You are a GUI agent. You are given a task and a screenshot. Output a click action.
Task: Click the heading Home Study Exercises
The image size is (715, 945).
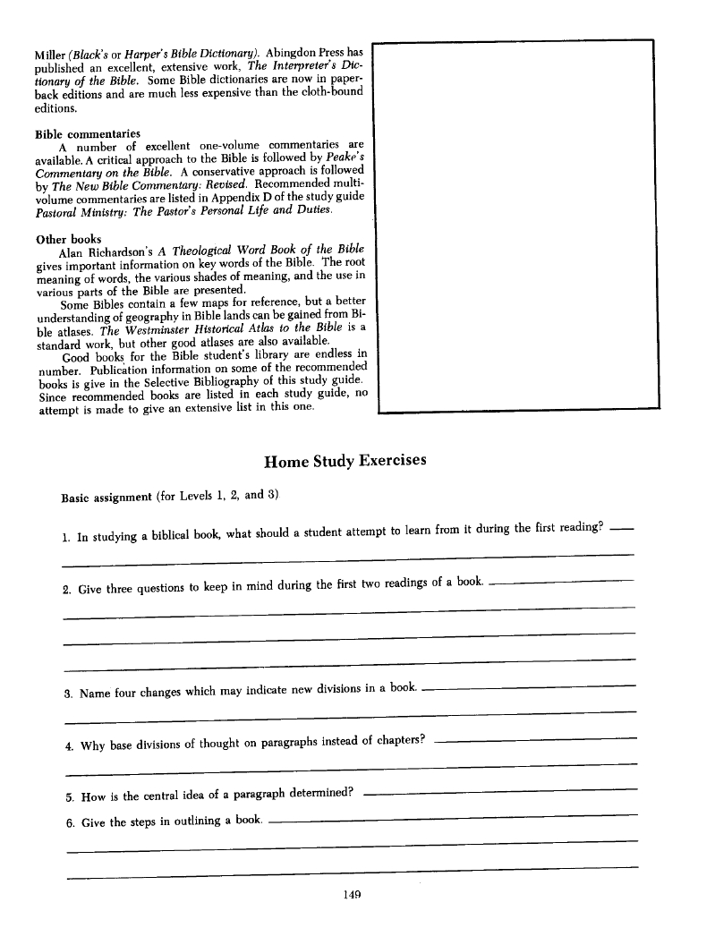(x=345, y=462)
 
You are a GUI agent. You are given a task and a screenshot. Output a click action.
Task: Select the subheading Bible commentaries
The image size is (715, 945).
(x=88, y=133)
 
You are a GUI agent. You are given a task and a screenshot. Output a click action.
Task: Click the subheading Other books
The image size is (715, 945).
(x=68, y=239)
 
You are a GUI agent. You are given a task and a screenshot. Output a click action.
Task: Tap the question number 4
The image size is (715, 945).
(x=70, y=745)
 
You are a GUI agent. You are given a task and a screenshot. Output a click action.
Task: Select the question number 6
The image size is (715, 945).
(x=70, y=823)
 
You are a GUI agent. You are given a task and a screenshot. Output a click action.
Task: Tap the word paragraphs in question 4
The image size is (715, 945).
(x=296, y=743)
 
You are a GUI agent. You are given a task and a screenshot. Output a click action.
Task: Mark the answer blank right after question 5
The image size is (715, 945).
(x=501, y=791)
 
